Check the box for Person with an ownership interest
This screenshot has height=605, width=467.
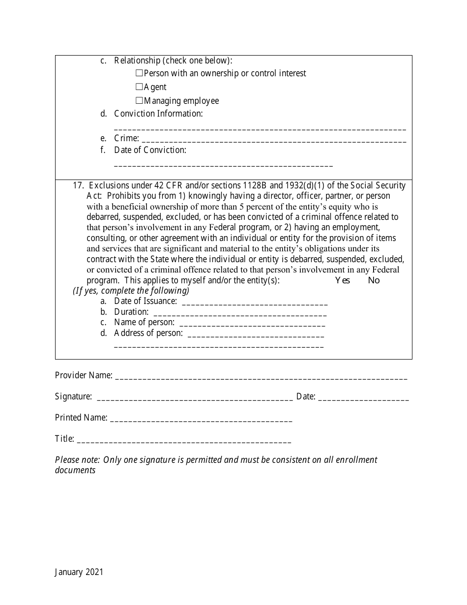tap(139, 73)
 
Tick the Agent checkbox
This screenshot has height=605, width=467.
tap(139, 87)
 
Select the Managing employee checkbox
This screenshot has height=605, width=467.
tap(139, 101)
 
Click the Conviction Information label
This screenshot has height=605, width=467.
tap(158, 114)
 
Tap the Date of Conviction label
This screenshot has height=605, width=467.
tap(150, 150)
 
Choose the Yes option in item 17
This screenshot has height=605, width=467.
tap(342, 280)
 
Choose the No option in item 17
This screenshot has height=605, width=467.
tap(374, 280)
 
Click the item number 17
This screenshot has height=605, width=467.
tap(78, 185)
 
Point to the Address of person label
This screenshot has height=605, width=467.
tap(148, 333)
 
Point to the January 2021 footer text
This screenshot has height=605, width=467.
tap(79, 572)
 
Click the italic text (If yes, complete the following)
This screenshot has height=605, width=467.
tap(131, 291)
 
